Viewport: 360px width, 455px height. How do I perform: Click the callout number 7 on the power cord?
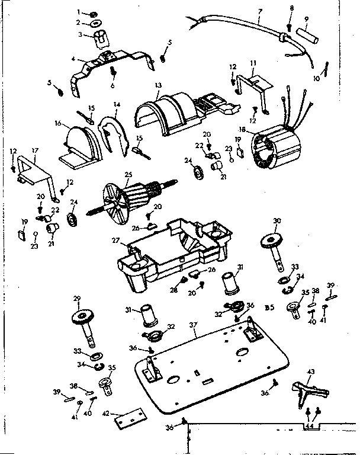coord(260,11)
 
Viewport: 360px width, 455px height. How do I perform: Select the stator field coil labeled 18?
coord(274,148)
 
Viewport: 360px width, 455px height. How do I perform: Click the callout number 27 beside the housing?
coord(116,241)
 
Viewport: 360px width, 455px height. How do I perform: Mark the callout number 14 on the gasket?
coord(117,104)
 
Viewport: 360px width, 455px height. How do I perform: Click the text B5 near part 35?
coord(269,307)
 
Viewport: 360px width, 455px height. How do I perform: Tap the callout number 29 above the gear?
coord(76,298)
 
